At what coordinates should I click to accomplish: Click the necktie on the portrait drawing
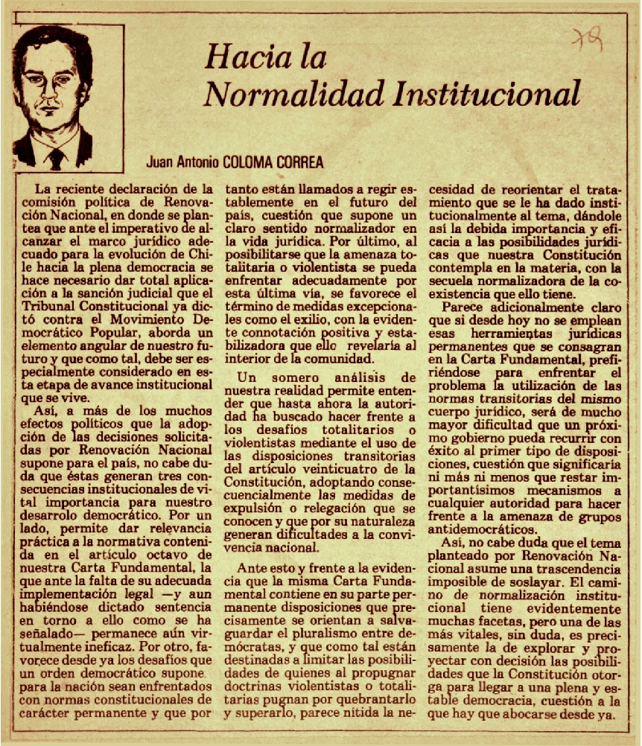57,156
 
